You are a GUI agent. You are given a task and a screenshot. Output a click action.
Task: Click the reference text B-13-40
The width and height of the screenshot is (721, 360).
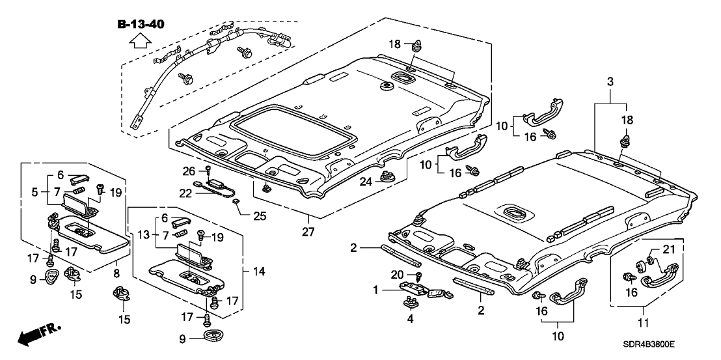[x=141, y=24]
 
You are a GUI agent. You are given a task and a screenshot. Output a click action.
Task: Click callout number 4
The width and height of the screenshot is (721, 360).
[x=410, y=319]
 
